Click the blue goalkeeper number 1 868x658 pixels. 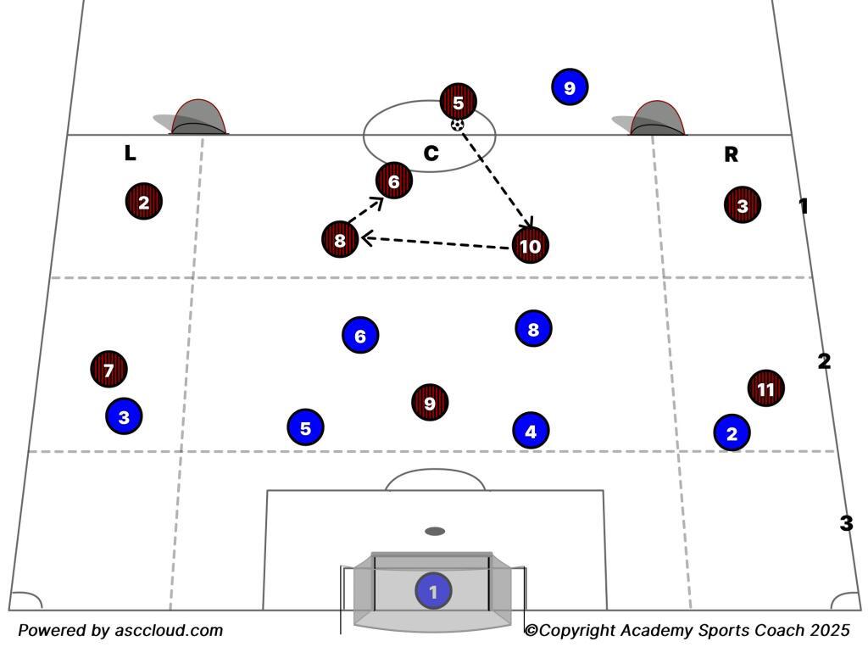click(x=433, y=591)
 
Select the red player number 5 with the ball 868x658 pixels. click(x=458, y=102)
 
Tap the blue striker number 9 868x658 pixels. click(x=570, y=87)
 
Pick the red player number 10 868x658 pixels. click(x=531, y=245)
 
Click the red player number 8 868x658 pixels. click(x=340, y=239)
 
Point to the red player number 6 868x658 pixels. click(x=393, y=181)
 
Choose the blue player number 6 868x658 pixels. click(x=360, y=335)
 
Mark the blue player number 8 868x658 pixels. click(x=533, y=329)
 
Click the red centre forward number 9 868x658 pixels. click(x=430, y=402)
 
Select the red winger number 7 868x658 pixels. click(x=108, y=369)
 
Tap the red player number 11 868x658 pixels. click(x=766, y=388)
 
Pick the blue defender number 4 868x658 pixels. click(x=531, y=431)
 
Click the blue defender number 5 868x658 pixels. click(x=305, y=427)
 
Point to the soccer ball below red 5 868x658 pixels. click(x=457, y=125)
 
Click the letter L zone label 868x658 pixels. click(x=130, y=153)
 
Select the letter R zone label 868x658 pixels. click(x=732, y=154)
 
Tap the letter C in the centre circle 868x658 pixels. click(x=431, y=153)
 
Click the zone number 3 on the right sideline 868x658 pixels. click(x=847, y=523)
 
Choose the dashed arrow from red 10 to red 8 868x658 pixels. click(x=436, y=243)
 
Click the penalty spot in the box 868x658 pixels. click(x=435, y=531)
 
